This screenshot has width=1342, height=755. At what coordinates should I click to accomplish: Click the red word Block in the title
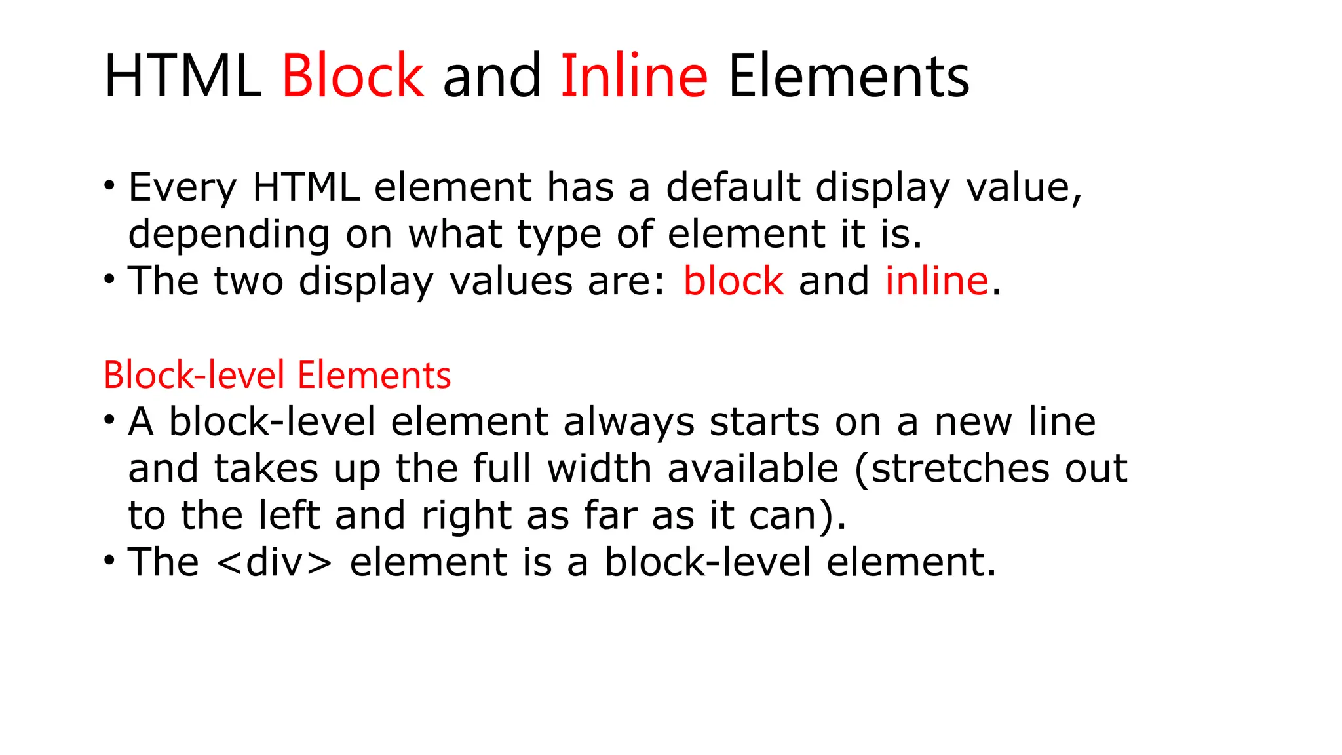coord(353,76)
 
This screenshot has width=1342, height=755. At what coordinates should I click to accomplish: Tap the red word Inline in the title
coord(634,76)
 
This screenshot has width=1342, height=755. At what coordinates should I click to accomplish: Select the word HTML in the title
coord(182,76)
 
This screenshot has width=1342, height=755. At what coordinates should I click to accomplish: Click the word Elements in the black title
coord(849,76)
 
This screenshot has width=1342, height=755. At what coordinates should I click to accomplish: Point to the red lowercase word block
coord(733,281)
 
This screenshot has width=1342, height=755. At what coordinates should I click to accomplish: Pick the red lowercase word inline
coord(936,281)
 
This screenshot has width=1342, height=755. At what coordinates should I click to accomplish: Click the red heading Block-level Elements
coord(277,376)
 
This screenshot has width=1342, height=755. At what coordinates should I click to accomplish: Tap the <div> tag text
coord(273,562)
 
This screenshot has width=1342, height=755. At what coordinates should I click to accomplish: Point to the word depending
coord(229,235)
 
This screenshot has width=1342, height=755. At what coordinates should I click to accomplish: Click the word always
coord(628,422)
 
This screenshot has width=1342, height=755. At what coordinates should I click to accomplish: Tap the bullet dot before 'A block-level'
coord(109,420)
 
